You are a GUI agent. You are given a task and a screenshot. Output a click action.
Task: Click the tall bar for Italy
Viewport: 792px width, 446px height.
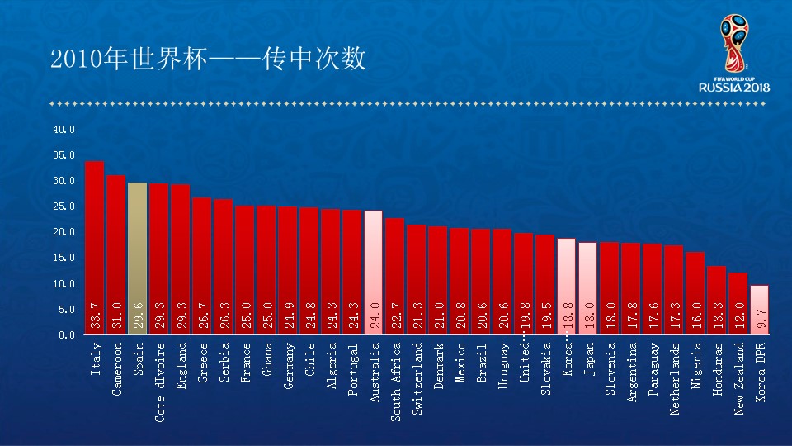click(x=94, y=248)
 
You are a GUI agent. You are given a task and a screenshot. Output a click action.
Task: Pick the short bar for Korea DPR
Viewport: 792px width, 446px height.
click(x=760, y=310)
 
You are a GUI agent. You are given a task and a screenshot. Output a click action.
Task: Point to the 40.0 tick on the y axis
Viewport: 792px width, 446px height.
click(x=64, y=130)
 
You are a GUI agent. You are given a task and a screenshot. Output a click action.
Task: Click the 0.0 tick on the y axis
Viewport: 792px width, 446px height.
click(x=66, y=334)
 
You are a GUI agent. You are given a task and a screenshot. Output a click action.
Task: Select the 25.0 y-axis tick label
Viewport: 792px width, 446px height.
click(x=64, y=206)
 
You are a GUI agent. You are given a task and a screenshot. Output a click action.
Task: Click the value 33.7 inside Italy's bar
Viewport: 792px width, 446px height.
click(x=95, y=317)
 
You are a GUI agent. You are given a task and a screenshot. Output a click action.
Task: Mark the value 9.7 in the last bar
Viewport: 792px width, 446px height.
click(x=760, y=320)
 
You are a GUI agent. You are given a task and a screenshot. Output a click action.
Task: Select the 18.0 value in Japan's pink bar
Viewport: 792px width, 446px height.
click(x=588, y=317)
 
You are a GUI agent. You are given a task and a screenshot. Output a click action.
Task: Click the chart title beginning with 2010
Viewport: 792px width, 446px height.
click(x=208, y=59)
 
